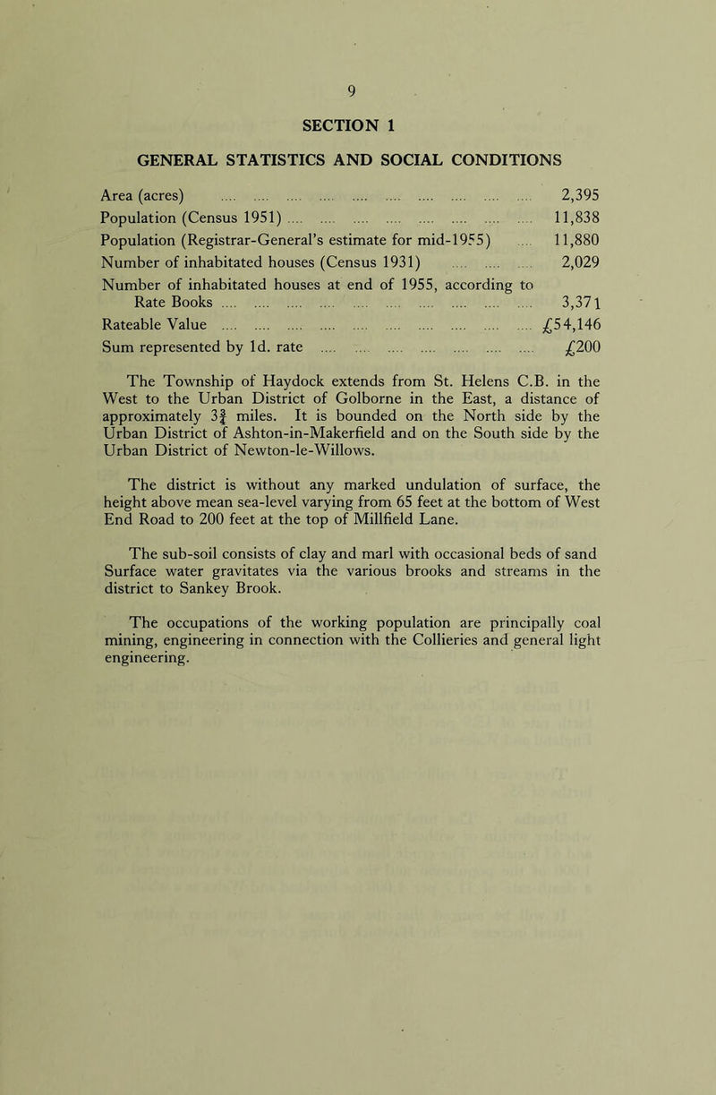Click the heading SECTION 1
356,126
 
